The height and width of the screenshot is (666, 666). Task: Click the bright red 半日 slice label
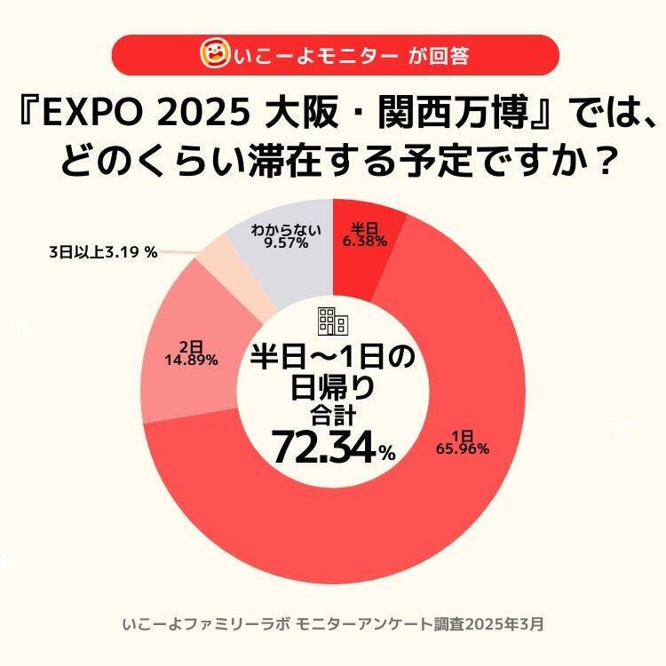coord(363,230)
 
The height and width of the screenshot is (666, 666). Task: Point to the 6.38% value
coord(363,242)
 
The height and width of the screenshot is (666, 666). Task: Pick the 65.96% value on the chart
coord(462,448)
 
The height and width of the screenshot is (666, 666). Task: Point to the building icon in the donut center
coord(332,320)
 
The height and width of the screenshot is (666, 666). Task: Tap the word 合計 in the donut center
coord(332,413)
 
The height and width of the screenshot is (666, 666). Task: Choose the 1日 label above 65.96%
coord(461,435)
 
